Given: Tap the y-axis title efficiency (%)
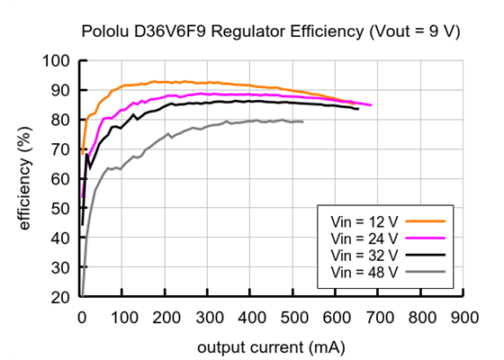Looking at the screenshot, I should tap(24, 178).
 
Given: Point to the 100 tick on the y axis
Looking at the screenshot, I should tap(57, 61).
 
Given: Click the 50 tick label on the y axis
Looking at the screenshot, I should tap(60, 209).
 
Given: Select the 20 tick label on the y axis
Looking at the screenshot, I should tap(60, 297).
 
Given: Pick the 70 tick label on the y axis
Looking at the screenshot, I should tap(60, 149).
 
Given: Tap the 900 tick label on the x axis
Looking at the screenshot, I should tap(464, 317).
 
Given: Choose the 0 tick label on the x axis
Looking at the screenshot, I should tap(81, 317).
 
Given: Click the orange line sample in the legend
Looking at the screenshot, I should tap(427, 218).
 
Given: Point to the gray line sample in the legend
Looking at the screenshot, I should tap(427, 271).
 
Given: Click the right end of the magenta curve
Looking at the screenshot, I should tap(370, 105).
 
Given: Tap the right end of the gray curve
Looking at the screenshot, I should tap(302, 121).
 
